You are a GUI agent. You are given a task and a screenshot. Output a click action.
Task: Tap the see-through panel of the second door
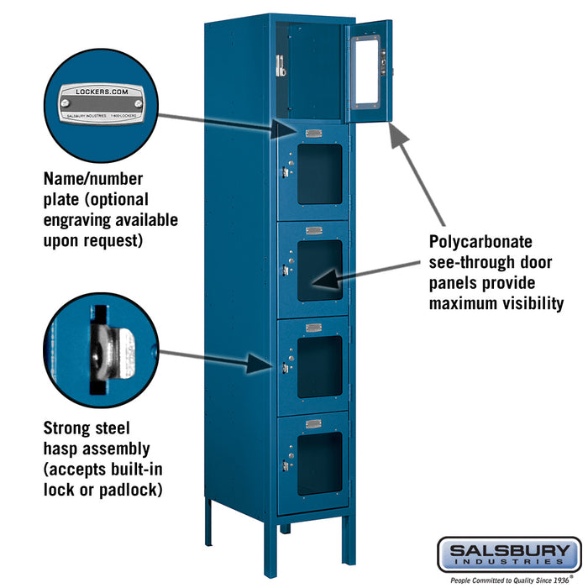(x=320, y=173)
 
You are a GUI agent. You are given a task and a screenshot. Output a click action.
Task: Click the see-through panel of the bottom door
(x=319, y=463)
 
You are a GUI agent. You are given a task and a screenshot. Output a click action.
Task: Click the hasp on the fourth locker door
(x=286, y=367)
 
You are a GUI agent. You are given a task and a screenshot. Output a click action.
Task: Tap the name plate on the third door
(x=313, y=231)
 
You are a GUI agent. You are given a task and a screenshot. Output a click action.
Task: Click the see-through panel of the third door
(x=320, y=270)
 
